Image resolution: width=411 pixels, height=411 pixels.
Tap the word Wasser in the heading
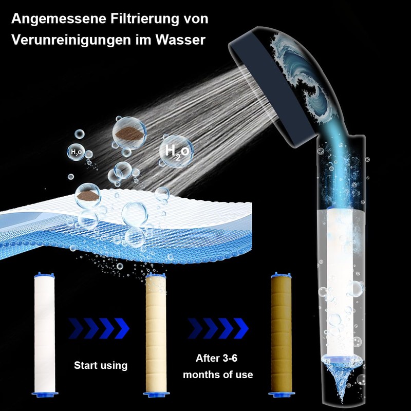[x=180, y=40]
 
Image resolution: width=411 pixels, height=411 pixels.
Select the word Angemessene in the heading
[x=59, y=19]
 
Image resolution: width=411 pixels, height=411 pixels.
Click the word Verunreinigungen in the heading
[x=71, y=40]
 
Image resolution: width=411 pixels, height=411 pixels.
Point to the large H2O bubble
[x=176, y=151]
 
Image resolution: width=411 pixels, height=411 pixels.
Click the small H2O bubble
[x=76, y=152]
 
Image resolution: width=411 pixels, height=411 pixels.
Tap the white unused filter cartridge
[x=44, y=335]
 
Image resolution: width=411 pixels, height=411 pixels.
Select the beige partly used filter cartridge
[x=156, y=335]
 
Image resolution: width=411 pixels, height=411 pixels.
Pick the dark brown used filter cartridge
[x=281, y=334]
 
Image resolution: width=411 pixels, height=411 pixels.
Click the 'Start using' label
[x=101, y=365]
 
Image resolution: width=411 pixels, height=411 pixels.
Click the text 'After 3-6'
[x=216, y=358]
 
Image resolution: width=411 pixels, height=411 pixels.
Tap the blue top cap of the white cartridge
[x=44, y=275]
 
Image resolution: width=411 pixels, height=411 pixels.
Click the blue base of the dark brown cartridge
[x=282, y=394]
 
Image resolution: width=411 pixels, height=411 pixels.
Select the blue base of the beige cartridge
[x=156, y=394]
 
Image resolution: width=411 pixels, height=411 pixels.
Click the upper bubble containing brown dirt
[x=129, y=134]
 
